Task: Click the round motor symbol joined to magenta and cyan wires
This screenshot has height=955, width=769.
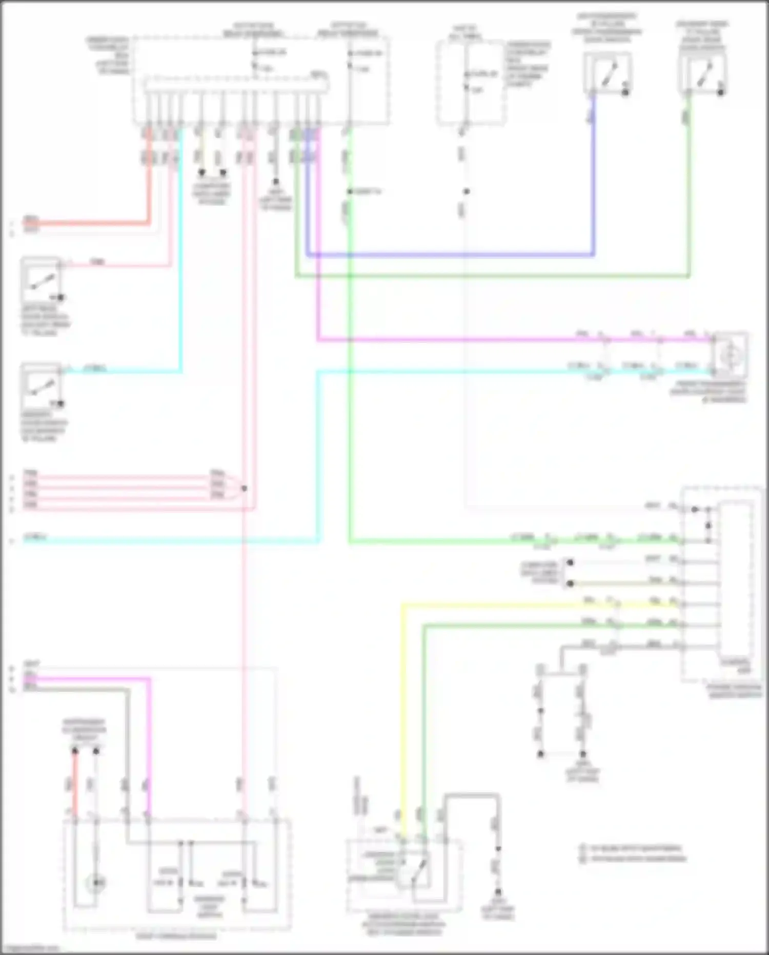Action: tap(730, 355)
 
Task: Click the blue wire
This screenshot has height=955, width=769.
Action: tap(451, 255)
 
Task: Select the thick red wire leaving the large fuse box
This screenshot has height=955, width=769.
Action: tap(92, 223)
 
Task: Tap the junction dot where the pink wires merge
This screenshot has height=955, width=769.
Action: tap(244, 488)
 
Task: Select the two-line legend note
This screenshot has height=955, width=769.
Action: tap(633, 853)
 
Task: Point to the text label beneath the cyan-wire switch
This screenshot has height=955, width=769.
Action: tap(44, 426)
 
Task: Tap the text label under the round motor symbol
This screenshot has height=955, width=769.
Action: tap(708, 392)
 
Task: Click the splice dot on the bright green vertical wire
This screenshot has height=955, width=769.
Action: tap(350, 191)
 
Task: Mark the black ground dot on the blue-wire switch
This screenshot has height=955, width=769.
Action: tap(625, 93)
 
